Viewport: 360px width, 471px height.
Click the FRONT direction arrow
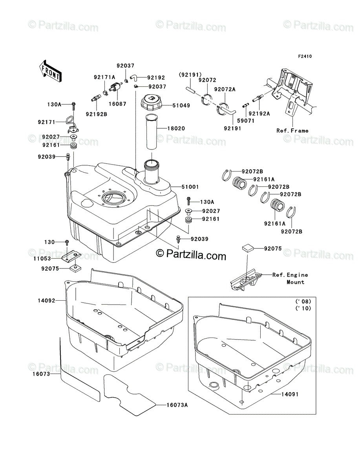(50, 71)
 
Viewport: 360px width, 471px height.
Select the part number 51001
(190, 187)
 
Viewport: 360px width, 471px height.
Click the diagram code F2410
(305, 57)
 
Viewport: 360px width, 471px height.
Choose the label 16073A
(177, 405)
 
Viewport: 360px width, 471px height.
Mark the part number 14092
(47, 301)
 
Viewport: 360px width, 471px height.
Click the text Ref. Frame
(292, 131)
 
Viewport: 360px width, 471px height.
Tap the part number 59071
(246, 121)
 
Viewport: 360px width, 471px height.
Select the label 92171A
(104, 77)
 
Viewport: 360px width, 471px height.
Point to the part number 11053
(42, 259)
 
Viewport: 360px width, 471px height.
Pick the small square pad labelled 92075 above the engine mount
(248, 247)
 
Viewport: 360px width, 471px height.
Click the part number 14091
(290, 394)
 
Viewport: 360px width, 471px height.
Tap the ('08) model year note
(303, 301)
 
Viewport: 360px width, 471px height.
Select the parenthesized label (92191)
(190, 75)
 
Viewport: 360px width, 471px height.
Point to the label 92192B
(97, 114)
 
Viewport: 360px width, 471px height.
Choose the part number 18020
(176, 128)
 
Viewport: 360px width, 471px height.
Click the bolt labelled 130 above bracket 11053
(67, 242)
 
